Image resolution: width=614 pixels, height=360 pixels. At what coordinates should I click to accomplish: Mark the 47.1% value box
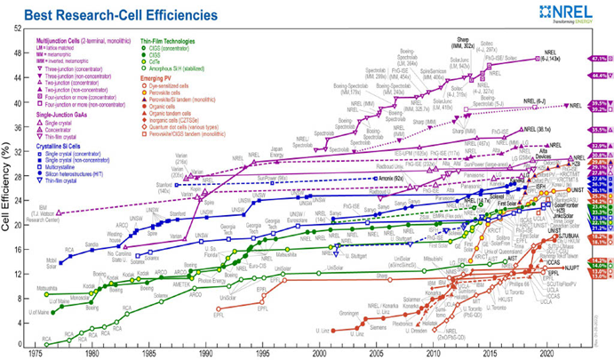coord(597,59)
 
